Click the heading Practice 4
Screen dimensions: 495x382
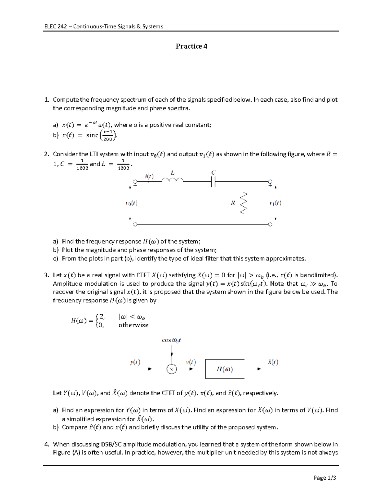[191, 46]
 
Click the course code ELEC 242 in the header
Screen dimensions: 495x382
[55, 26]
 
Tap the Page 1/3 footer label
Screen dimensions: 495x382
[325, 477]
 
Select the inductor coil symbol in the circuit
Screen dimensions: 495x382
[172, 181]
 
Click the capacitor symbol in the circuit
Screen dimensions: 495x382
[213, 182]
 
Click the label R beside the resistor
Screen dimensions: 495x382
[233, 203]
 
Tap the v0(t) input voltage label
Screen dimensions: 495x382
[131, 203]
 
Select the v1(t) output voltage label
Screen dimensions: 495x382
[275, 203]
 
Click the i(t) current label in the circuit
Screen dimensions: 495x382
[149, 176]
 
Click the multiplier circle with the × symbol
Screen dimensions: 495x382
[172, 369]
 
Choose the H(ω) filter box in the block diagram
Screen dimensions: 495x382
[225, 369]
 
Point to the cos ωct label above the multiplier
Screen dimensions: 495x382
[171, 340]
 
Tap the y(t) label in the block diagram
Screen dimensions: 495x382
[135, 362]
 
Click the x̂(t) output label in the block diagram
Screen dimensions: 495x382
[273, 362]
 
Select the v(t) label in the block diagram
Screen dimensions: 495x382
[191, 362]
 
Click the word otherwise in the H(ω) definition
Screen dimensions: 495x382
[133, 325]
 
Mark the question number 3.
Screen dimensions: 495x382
[46, 275]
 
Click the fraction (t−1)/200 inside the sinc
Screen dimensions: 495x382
[108, 135]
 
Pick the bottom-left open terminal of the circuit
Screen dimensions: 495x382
[135, 224]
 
